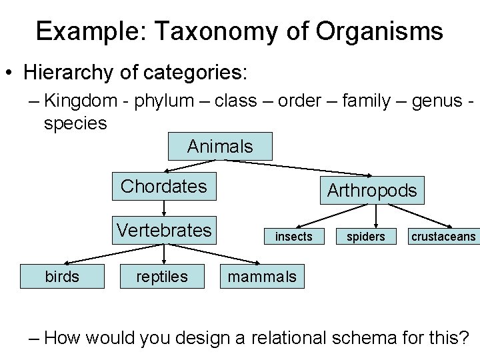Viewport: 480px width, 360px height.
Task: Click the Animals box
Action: point(220,146)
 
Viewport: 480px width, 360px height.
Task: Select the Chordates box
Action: point(164,186)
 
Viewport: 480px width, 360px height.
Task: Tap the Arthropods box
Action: point(371,191)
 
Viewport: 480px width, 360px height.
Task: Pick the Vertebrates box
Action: point(164,230)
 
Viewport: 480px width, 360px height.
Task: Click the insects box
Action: point(293,237)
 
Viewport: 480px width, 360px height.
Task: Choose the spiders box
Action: point(366,237)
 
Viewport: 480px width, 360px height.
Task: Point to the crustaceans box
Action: point(443,237)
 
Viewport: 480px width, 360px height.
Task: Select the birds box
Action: point(62,276)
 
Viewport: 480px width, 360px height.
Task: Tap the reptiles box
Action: point(162,276)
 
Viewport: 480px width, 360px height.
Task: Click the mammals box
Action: point(262,276)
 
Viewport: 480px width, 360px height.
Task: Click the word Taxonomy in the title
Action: point(212,31)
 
